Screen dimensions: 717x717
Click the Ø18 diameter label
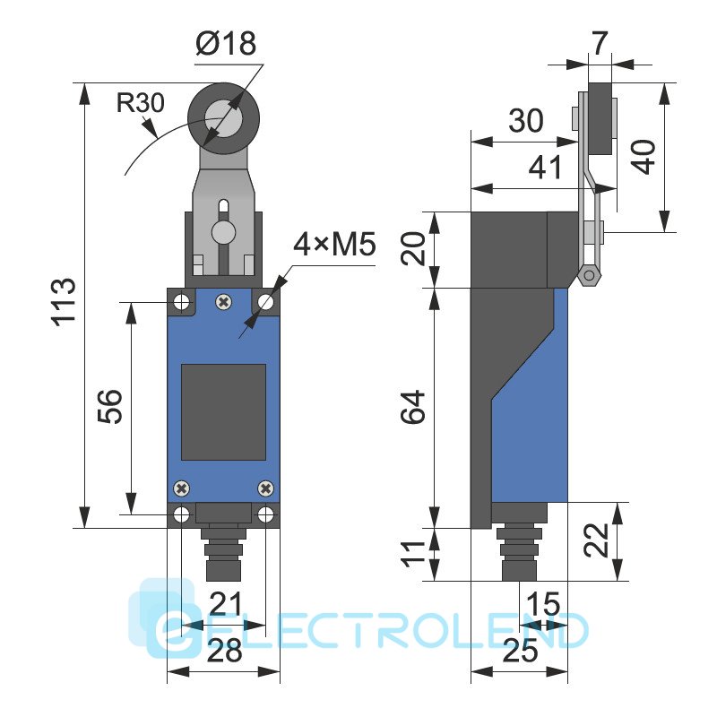tap(226, 43)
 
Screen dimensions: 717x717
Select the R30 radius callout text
tap(140, 102)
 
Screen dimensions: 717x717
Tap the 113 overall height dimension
tap(64, 302)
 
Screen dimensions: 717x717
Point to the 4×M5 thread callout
tap(334, 244)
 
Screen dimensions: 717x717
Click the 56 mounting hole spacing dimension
tap(110, 407)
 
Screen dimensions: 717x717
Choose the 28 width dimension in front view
tap(224, 651)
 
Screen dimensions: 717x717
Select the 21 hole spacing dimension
tap(225, 603)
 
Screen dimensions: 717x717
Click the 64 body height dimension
tap(413, 408)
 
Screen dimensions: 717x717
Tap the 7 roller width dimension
tap(599, 43)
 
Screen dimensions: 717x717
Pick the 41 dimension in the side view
tap(545, 168)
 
